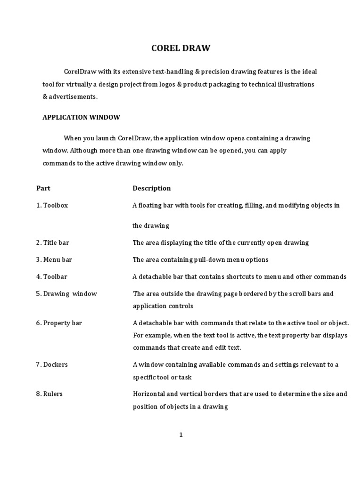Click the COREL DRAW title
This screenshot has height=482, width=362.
pyautogui.click(x=181, y=48)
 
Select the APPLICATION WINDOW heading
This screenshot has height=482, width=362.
pyautogui.click(x=81, y=117)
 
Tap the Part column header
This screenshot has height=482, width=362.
pyautogui.click(x=43, y=188)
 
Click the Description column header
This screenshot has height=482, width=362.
pyautogui.click(x=151, y=188)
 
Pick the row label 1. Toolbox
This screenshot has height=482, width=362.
pyautogui.click(x=52, y=206)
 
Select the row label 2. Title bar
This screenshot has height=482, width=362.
pyautogui.click(x=53, y=242)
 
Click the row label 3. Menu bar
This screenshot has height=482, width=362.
pyautogui.click(x=54, y=259)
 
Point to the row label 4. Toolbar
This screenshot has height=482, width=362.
pyautogui.click(x=52, y=277)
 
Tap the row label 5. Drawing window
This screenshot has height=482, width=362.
pyautogui.click(x=66, y=294)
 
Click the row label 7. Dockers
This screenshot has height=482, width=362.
pyautogui.click(x=52, y=365)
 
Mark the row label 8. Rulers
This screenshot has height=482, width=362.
pyautogui.click(x=49, y=394)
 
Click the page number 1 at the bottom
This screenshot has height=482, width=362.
pyautogui.click(x=181, y=435)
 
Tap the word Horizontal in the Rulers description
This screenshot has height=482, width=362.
pyautogui.click(x=150, y=394)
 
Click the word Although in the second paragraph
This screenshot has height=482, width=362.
pyautogui.click(x=84, y=151)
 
